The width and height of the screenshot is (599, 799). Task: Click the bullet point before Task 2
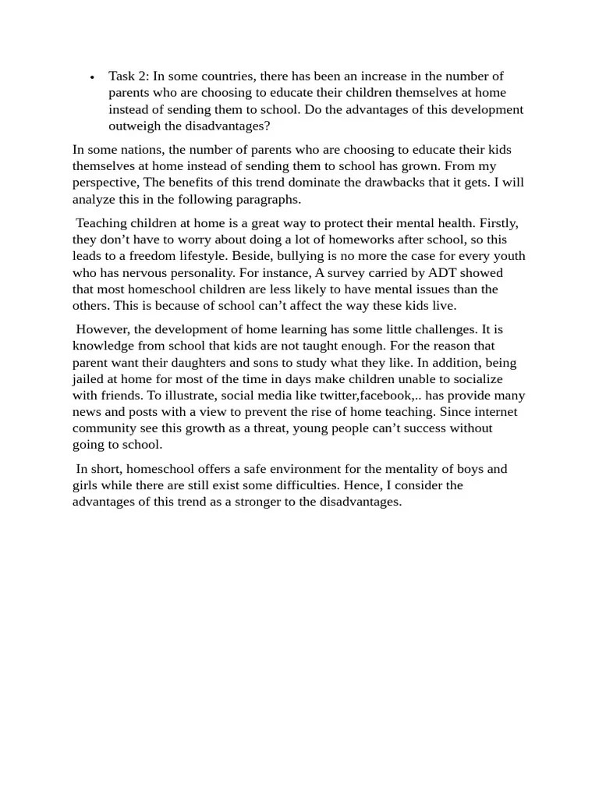point(92,77)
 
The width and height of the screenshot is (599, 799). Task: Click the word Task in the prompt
point(122,76)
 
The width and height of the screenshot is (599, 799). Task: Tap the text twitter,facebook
point(369,395)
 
